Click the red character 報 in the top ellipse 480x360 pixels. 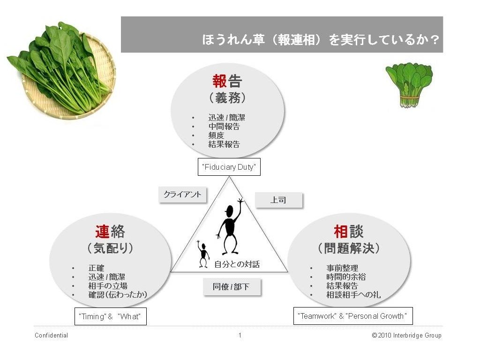(219, 82)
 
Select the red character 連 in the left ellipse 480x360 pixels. (102, 232)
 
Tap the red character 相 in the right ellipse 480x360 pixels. (340, 232)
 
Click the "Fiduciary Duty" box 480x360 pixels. (229, 167)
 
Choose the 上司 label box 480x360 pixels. (278, 200)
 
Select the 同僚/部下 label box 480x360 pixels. (231, 287)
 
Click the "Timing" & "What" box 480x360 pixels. (111, 316)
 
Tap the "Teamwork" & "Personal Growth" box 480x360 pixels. (353, 316)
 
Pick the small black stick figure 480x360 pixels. (203, 255)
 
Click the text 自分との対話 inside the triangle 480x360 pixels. (237, 264)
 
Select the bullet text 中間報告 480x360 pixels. (224, 127)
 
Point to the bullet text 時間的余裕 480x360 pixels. (346, 277)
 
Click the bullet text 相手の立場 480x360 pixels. (108, 286)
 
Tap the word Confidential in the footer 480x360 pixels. (51, 335)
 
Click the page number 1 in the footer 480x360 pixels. (240, 335)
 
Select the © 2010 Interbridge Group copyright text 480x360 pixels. (406, 335)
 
